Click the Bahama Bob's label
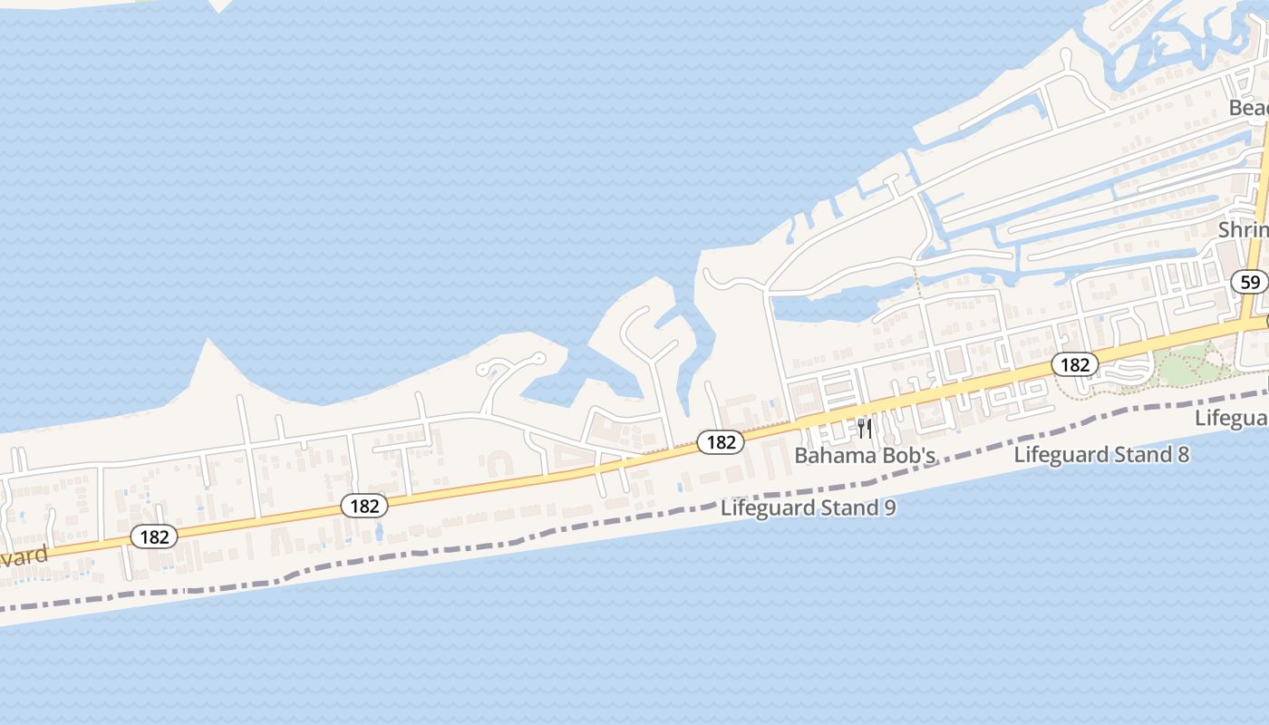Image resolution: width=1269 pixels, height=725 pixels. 865,455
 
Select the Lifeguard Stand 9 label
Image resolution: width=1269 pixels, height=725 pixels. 809,507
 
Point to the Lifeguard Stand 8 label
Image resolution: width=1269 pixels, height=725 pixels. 1101,454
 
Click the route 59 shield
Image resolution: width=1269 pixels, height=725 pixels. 1250,282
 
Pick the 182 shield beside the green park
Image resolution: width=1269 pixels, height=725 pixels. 1075,364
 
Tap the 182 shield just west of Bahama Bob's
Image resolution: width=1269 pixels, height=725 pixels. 721,442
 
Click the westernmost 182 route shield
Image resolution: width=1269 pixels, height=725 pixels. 154,536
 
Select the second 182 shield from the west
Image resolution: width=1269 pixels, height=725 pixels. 364,506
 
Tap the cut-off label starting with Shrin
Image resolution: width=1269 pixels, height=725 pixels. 1243,230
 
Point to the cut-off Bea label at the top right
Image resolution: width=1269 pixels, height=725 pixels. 1248,108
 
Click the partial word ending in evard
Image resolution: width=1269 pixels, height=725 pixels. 22,556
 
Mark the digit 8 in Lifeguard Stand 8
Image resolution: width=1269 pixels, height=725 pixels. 1182,454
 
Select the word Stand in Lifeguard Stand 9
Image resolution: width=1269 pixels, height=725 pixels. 849,507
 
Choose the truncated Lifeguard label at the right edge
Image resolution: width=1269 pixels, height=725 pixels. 1232,418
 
